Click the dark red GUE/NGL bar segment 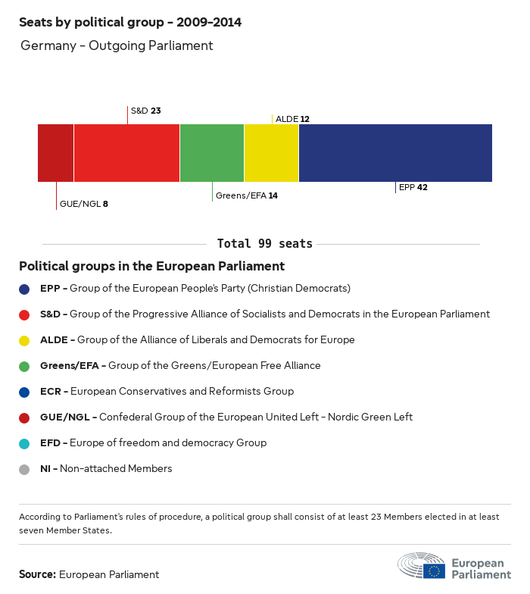(x=55, y=152)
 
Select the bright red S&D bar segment (x=126, y=152)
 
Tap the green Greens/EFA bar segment (x=212, y=152)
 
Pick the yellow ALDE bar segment (x=271, y=152)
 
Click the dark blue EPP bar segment (x=395, y=152)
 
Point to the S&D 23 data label (x=145, y=111)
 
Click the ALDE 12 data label (x=292, y=119)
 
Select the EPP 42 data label (x=413, y=187)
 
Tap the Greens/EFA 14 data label (x=246, y=195)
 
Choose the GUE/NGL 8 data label (x=83, y=204)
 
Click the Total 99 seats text (x=264, y=244)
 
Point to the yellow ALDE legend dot (x=24, y=340)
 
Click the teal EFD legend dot (x=24, y=443)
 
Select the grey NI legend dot (x=24, y=469)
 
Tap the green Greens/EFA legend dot (x=24, y=366)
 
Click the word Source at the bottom (x=37, y=574)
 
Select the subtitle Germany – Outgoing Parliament (x=117, y=45)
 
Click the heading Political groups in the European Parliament (x=151, y=267)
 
